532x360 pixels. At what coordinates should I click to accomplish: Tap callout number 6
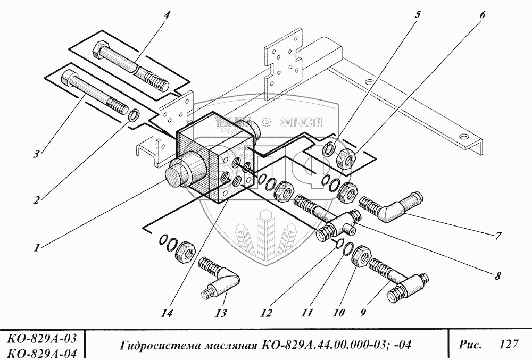[482, 15]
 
